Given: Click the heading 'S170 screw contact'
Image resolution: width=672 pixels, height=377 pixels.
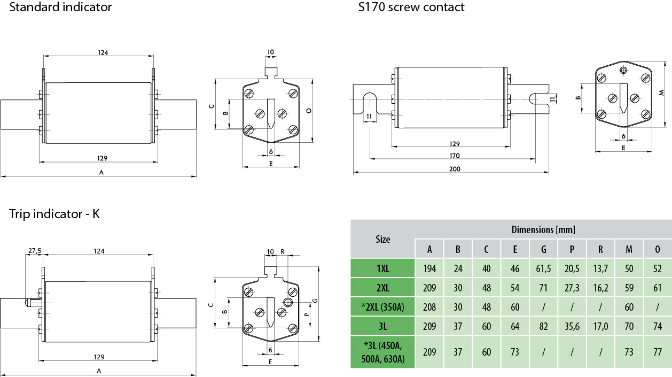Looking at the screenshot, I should pyautogui.click(x=411, y=7).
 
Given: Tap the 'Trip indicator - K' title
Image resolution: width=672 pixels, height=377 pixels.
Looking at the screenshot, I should pyautogui.click(x=54, y=214).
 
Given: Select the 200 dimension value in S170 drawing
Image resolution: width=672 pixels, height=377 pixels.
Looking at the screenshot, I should pyautogui.click(x=455, y=168).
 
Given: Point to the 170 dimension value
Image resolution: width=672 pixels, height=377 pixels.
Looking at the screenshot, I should pyautogui.click(x=455, y=156).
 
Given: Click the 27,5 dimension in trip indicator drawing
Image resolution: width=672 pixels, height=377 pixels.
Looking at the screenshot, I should pyautogui.click(x=34, y=251).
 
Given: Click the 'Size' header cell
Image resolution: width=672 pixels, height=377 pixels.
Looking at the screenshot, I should pyautogui.click(x=382, y=239).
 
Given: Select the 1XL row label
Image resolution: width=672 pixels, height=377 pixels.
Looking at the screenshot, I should pyautogui.click(x=382, y=268).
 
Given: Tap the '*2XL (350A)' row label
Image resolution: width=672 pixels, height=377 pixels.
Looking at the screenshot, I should pyautogui.click(x=382, y=307).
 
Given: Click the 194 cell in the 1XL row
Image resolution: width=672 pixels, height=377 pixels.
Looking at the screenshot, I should pyautogui.click(x=429, y=268).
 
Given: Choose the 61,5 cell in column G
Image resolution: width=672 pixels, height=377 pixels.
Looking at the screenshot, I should pyautogui.click(x=544, y=268).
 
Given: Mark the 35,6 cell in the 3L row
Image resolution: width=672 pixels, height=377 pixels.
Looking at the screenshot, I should pyautogui.click(x=572, y=326).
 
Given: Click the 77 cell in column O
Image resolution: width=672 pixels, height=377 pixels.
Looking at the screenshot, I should pyautogui.click(x=657, y=352).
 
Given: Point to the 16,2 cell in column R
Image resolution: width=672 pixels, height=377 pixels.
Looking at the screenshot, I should pyautogui.click(x=600, y=288).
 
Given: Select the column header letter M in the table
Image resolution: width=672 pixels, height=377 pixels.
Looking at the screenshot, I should pyautogui.click(x=629, y=249).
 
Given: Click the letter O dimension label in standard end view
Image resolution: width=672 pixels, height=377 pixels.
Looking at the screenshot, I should pyautogui.click(x=309, y=110).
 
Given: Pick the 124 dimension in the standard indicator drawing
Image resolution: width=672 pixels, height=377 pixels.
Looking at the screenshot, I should pyautogui.click(x=103, y=52).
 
